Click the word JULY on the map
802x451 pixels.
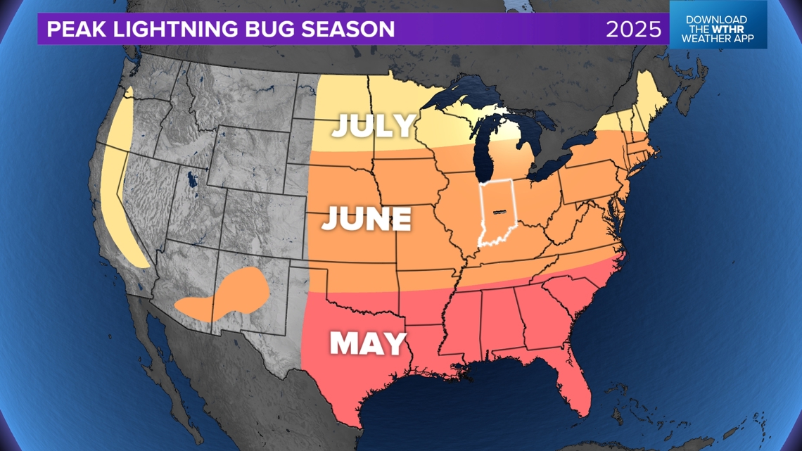point(374,125)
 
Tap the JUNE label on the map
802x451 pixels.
point(367,220)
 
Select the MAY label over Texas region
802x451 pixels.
point(369,344)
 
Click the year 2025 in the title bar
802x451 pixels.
point(634,30)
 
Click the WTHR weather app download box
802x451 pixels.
point(718,30)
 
